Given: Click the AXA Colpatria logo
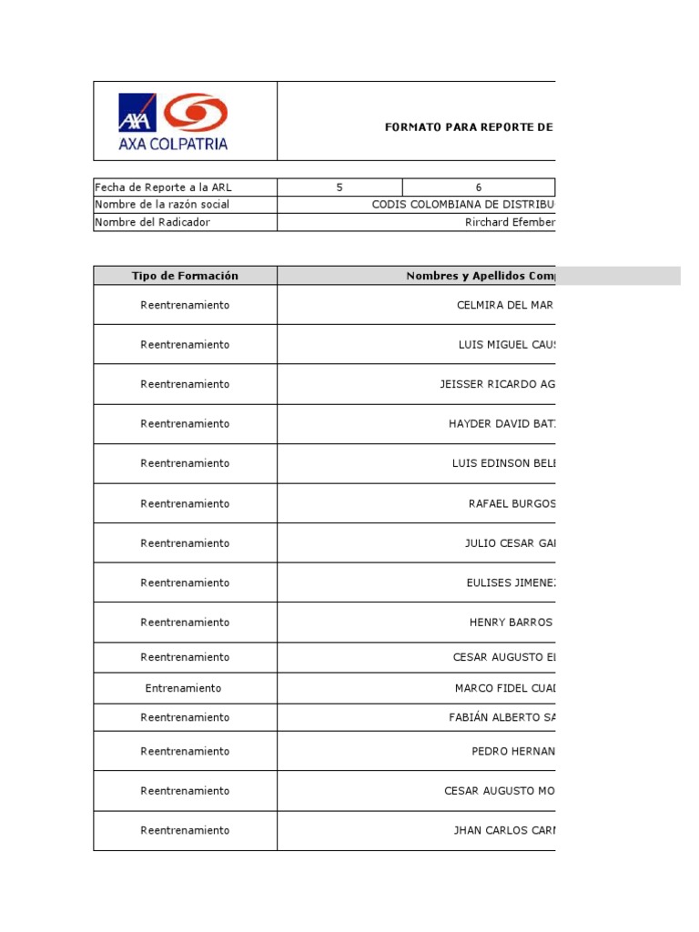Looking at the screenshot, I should [x=173, y=120].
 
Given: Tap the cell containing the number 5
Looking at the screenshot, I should [x=339, y=187].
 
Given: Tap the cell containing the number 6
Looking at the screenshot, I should [x=478, y=187].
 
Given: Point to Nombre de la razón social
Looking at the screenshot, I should [x=162, y=205].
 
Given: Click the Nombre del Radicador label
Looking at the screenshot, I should [x=152, y=222].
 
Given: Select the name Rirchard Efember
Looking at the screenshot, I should [x=510, y=222].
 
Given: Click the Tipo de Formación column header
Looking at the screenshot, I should [x=185, y=276].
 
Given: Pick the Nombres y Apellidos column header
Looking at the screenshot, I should [x=480, y=276].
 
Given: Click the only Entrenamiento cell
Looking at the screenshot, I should [x=183, y=688].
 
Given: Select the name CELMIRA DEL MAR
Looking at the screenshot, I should [x=505, y=305].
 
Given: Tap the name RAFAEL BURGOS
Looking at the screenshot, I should [x=512, y=503].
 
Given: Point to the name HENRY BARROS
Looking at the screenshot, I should [x=511, y=623].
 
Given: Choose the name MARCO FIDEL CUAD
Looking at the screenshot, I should [x=504, y=688].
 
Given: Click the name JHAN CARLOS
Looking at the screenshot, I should [x=503, y=830].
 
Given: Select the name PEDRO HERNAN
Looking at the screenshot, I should [x=512, y=751].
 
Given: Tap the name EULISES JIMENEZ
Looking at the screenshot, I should [x=510, y=582].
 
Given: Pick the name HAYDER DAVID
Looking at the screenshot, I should [x=501, y=424].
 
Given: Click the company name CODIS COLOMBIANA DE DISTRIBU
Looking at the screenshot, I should [x=463, y=205].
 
